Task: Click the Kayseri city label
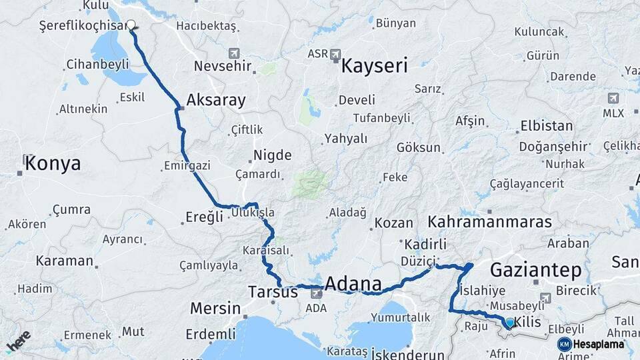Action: (x=374, y=66)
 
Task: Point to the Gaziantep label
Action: (x=535, y=270)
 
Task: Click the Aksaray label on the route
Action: (x=216, y=101)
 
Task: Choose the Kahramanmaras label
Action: (x=490, y=221)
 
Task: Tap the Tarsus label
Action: (x=273, y=292)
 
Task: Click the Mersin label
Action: (x=215, y=309)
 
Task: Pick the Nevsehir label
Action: (x=223, y=66)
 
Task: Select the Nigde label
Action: (x=272, y=155)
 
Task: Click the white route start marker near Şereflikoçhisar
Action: (x=131, y=25)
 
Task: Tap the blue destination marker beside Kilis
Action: (x=510, y=323)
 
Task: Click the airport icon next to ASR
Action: (x=335, y=53)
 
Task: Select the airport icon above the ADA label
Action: (x=316, y=294)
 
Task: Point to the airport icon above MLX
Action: (x=613, y=99)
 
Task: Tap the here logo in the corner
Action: (x=18, y=341)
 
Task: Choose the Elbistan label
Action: (x=546, y=125)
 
